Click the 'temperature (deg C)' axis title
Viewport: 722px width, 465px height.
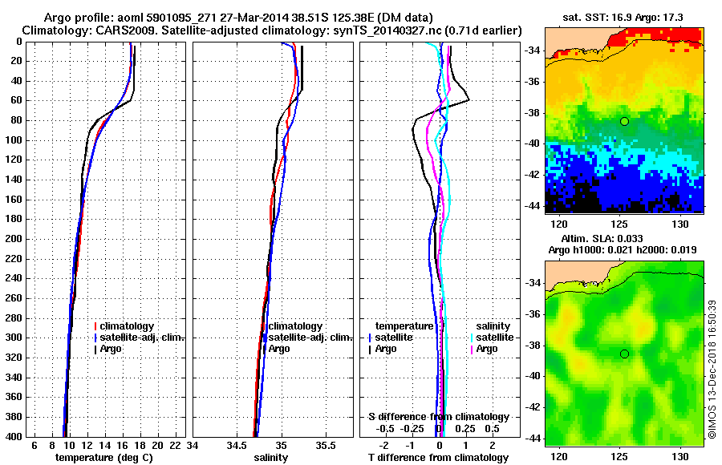103,457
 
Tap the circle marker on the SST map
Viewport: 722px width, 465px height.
624,121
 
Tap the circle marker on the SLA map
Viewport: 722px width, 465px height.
624,354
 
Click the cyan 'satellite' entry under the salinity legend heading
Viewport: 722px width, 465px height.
495,338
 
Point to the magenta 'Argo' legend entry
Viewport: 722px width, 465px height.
487,349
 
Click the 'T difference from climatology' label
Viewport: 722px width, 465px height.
438,457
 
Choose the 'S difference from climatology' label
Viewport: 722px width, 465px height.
438,417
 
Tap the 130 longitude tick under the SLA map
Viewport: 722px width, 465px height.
681,453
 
